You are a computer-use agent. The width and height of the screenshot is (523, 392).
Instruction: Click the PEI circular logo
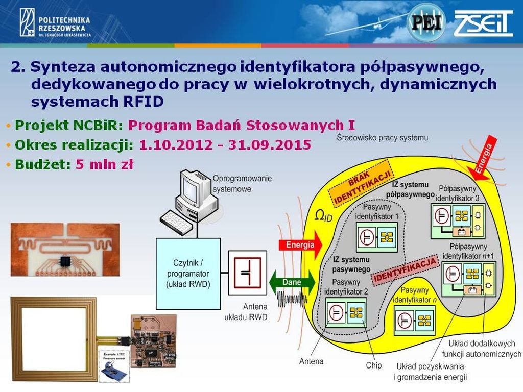point(426,22)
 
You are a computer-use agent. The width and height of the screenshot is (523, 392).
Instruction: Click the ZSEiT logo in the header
point(483,23)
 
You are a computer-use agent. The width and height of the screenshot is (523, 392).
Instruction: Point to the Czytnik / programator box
point(188,274)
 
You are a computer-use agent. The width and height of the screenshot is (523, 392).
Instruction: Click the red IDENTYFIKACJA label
point(406,270)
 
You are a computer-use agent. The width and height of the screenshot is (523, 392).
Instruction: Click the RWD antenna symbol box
point(247,273)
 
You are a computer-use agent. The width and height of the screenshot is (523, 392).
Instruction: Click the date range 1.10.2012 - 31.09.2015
point(225,145)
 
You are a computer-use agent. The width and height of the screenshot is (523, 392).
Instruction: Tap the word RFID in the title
point(143,101)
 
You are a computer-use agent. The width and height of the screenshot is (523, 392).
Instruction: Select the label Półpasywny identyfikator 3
point(459,193)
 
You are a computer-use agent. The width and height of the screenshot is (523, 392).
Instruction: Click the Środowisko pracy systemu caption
point(383,138)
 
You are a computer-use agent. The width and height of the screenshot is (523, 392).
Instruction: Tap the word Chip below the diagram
point(373,365)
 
